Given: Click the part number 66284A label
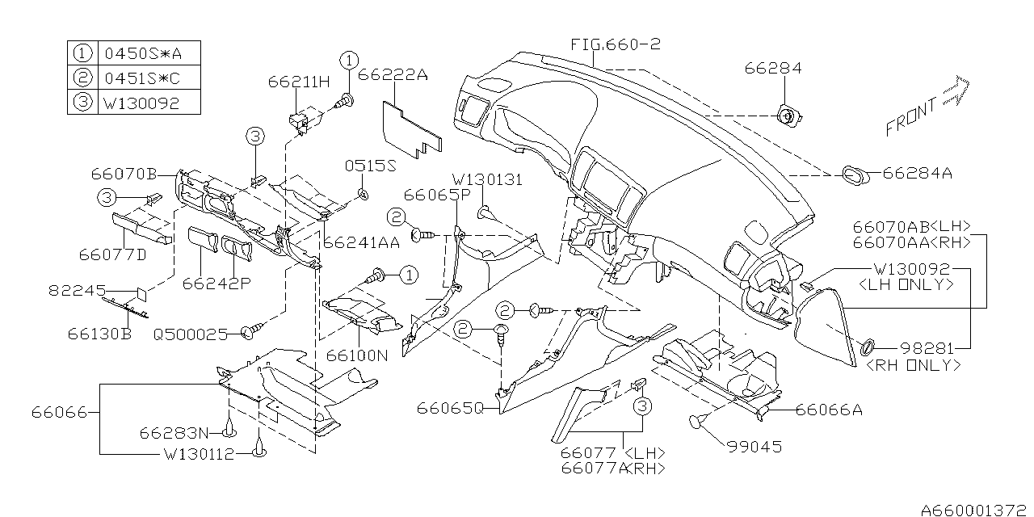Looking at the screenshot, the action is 917,173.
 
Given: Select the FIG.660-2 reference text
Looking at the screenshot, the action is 616,44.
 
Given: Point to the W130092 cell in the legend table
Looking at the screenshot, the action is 142,103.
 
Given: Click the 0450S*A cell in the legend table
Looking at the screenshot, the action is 143,53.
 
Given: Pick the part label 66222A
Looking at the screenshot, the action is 393,75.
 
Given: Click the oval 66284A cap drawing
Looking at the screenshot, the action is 855,175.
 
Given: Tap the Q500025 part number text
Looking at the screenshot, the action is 191,334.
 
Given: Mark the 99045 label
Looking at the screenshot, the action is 754,447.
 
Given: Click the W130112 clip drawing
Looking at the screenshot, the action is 259,449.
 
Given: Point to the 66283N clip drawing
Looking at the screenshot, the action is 229,428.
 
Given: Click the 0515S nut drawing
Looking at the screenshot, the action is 364,195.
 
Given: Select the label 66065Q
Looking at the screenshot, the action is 450,409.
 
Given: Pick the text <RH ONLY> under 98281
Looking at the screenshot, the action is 913,366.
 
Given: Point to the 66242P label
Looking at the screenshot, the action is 216,284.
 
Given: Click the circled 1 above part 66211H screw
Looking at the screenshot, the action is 349,61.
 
